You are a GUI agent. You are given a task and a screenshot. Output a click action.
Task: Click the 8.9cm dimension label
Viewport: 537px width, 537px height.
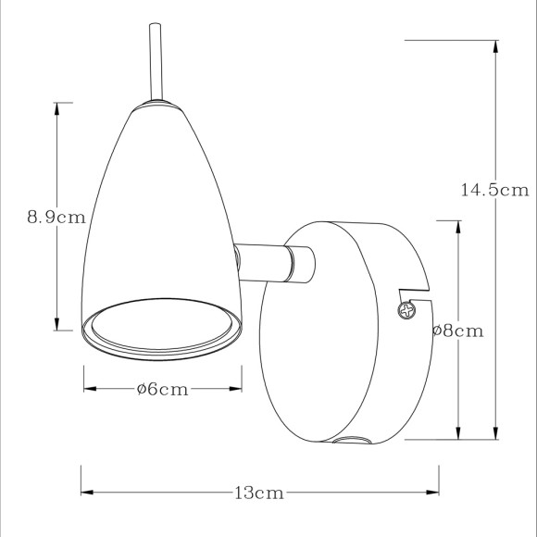pos(56,218)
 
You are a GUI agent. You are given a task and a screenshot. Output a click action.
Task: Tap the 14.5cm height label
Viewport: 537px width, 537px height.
pos(493,190)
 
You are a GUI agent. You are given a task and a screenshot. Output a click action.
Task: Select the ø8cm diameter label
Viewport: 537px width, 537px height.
pos(458,331)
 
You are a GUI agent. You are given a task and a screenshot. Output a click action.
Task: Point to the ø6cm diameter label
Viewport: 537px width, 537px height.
pos(162,389)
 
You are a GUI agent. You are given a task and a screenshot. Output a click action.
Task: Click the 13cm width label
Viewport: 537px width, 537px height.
pos(258,493)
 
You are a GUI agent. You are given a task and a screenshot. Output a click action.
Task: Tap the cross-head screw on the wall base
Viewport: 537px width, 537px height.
pos(406,310)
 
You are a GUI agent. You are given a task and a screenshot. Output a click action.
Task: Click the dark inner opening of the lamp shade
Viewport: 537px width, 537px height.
pos(163,329)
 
